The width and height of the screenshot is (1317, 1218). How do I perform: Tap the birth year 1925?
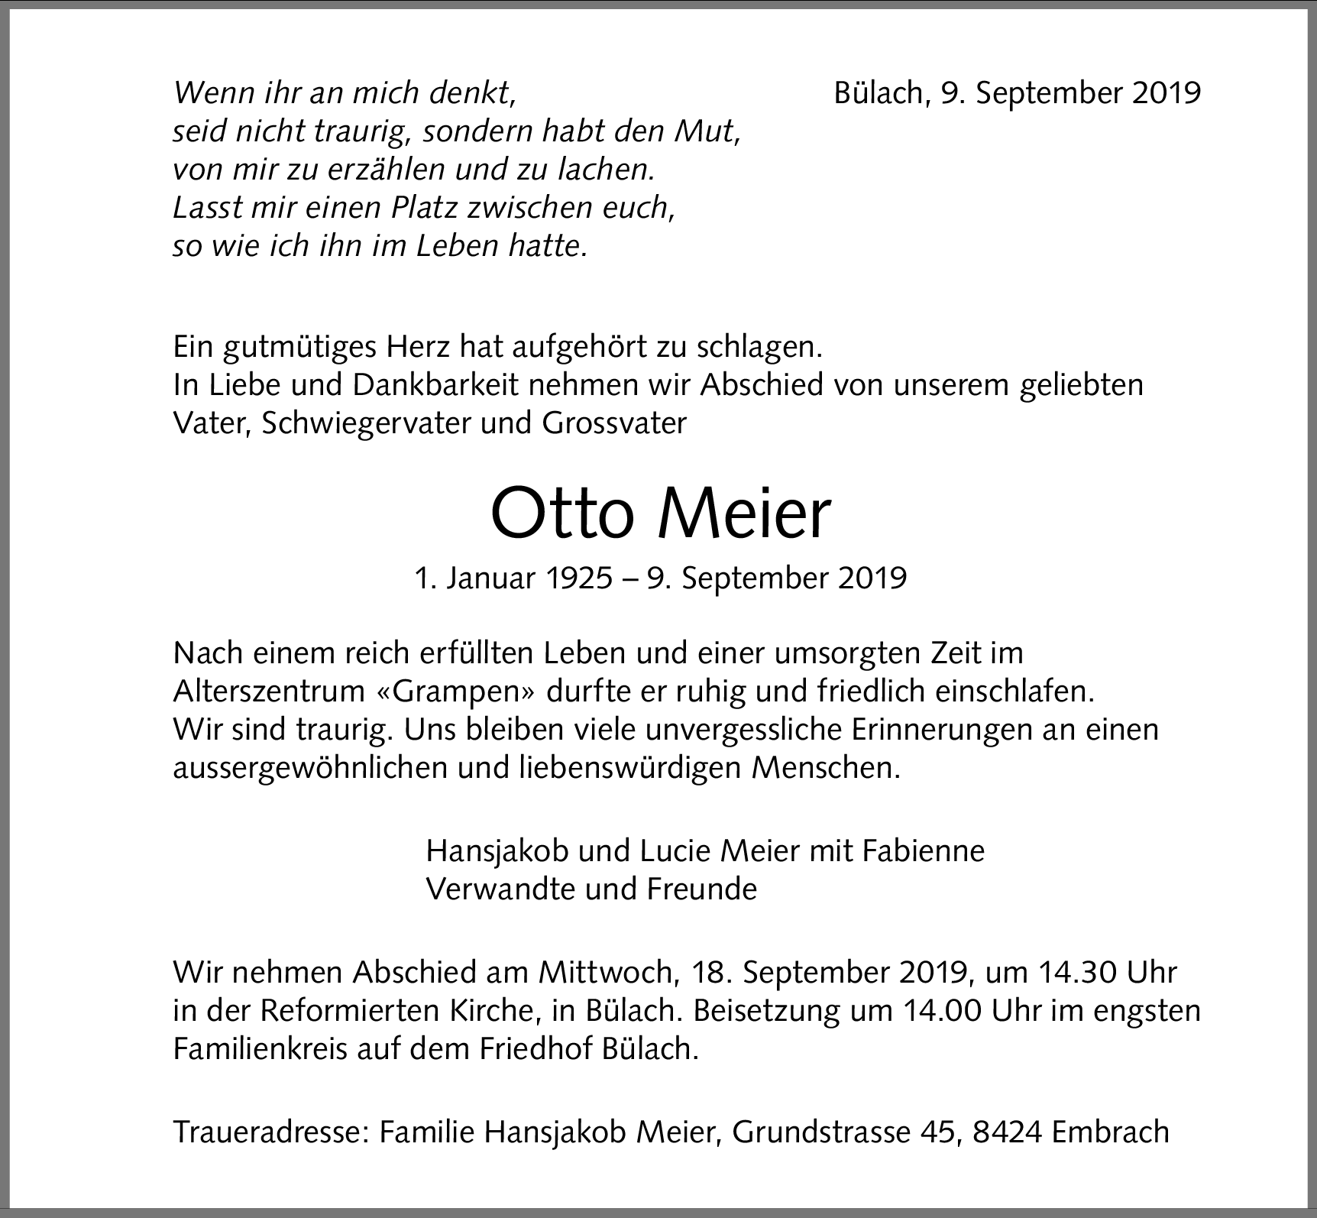coord(579,578)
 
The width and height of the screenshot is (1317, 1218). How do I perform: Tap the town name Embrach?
coord(1110,1132)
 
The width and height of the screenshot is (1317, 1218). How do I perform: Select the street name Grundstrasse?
coord(821,1132)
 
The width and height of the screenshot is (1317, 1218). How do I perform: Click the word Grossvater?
coord(613,423)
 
